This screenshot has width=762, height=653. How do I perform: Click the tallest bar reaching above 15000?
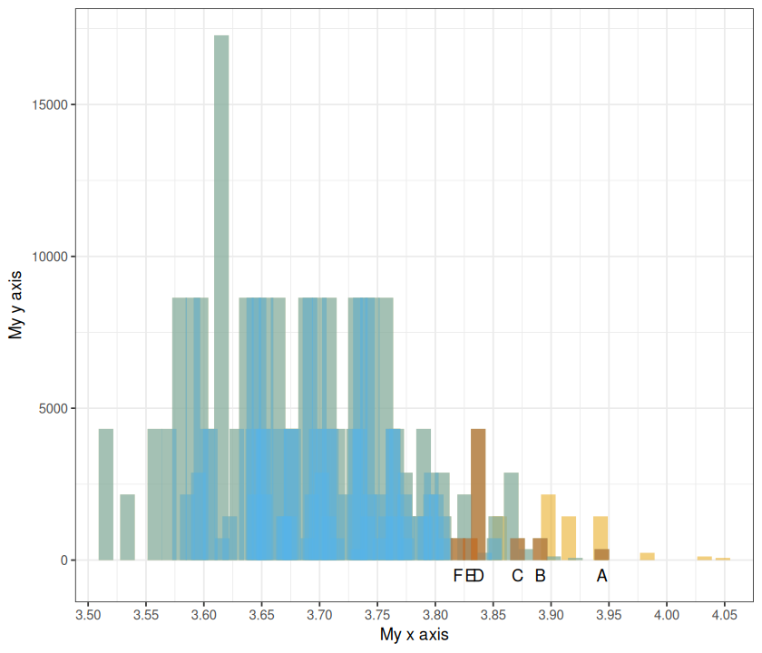[221, 181]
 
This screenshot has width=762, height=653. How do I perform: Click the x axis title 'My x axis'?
[414, 635]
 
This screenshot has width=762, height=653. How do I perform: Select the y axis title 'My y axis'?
[15, 304]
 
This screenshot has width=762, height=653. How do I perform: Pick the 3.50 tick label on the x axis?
[88, 614]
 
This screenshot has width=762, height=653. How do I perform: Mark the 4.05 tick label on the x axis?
[724, 614]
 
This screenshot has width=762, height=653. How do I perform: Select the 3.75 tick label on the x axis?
[377, 614]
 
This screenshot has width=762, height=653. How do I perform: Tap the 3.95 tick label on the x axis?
[609, 614]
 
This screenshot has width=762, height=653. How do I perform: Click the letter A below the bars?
[601, 576]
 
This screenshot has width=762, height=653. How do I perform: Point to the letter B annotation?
[540, 576]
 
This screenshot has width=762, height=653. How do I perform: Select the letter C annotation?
[517, 576]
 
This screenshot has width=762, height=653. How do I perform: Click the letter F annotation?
[458, 576]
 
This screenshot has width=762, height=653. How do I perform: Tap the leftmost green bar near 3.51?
[106, 494]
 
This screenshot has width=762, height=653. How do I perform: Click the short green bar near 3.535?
[127, 527]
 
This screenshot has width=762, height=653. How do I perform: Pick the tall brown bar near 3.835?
[478, 490]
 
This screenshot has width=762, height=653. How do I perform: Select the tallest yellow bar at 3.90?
[548, 526]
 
